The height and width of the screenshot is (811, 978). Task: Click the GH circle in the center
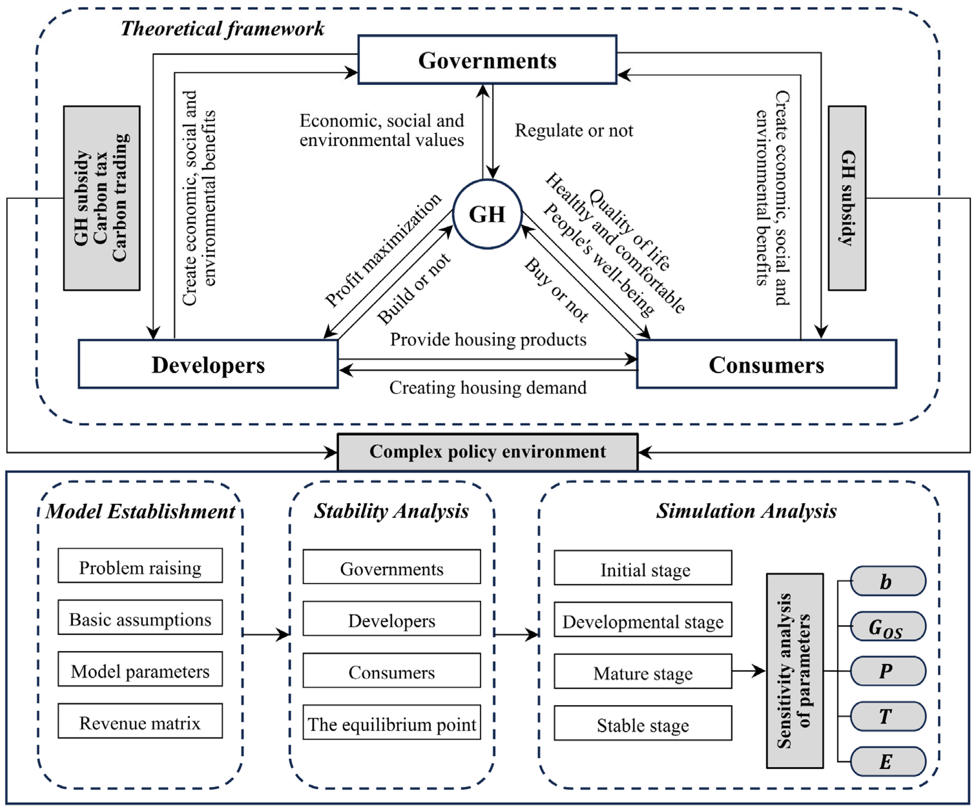(487, 214)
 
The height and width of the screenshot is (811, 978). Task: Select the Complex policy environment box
(487, 452)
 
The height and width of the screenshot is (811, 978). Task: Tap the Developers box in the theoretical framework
(208, 364)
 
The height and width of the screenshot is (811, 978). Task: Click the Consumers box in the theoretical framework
(766, 364)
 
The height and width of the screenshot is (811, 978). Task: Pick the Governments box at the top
(487, 60)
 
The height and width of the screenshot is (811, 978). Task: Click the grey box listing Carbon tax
(101, 198)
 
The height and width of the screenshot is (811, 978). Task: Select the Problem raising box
(140, 566)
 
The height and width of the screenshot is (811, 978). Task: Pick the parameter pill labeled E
(888, 762)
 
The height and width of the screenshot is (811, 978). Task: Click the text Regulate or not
(574, 131)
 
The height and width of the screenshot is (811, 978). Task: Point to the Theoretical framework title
(222, 29)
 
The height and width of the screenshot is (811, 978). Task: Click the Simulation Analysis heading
(746, 511)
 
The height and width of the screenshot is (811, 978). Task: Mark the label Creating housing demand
(488, 388)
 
